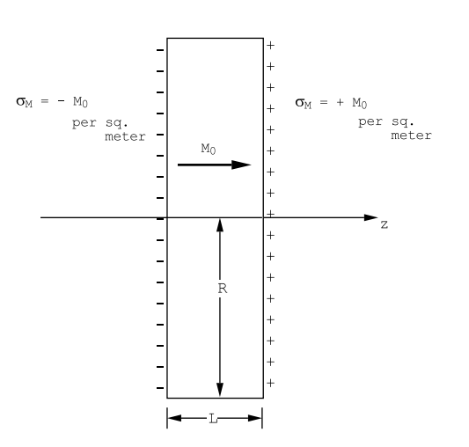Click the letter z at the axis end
385,224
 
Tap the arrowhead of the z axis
371,217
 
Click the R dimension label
223,289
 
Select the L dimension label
213,419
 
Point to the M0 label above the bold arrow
209,149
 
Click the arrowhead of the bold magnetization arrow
241,165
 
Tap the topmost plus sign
270,46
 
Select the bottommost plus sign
270,383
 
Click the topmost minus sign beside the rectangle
160,50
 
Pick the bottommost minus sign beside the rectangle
160,388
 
